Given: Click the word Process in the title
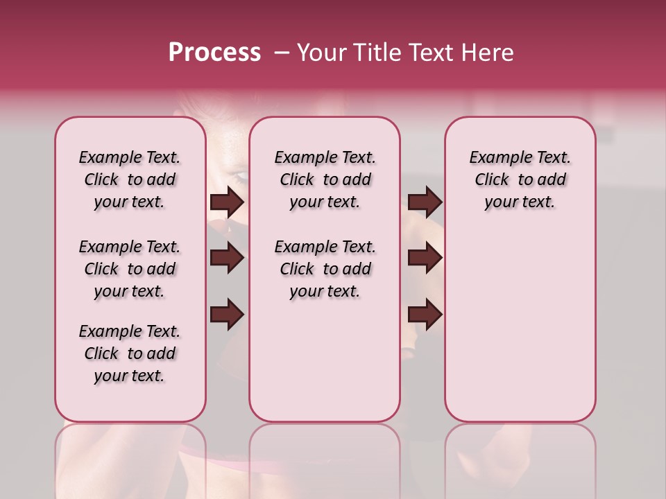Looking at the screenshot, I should click(214, 53).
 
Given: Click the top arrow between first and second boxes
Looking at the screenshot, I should click(227, 202).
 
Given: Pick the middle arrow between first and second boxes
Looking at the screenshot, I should click(227, 258).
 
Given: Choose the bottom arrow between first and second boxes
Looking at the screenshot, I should click(227, 314).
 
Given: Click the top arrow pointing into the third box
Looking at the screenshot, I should click(425, 202).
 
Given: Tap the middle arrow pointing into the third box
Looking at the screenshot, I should click(425, 258).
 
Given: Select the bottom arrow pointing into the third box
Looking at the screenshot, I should click(425, 314).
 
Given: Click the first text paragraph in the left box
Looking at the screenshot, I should click(130, 180).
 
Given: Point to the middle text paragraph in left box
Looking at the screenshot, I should click(130, 269).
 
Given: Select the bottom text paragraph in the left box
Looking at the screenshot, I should click(130, 353).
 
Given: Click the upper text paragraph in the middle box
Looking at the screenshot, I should click(325, 180).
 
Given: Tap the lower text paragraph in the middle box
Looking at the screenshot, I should click(325, 269).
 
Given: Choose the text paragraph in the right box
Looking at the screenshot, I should click(520, 180).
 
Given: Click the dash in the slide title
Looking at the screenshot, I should click(282, 53).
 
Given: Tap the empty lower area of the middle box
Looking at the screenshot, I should click(325, 360).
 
